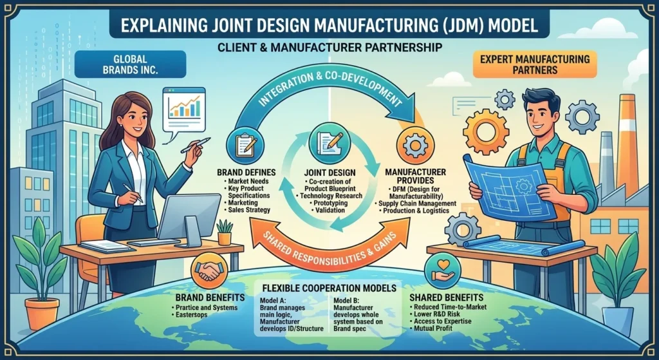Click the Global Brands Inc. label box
(x=130, y=64)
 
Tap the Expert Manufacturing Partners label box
(x=535, y=64)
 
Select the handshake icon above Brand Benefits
(x=209, y=270)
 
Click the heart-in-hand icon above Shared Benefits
(x=443, y=270)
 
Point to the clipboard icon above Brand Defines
(x=245, y=144)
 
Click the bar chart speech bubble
(x=183, y=109)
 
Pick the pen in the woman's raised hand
(x=196, y=146)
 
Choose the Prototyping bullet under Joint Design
(x=329, y=203)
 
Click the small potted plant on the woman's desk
(x=225, y=232)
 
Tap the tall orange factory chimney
(x=628, y=143)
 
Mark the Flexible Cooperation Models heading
(x=329, y=288)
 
